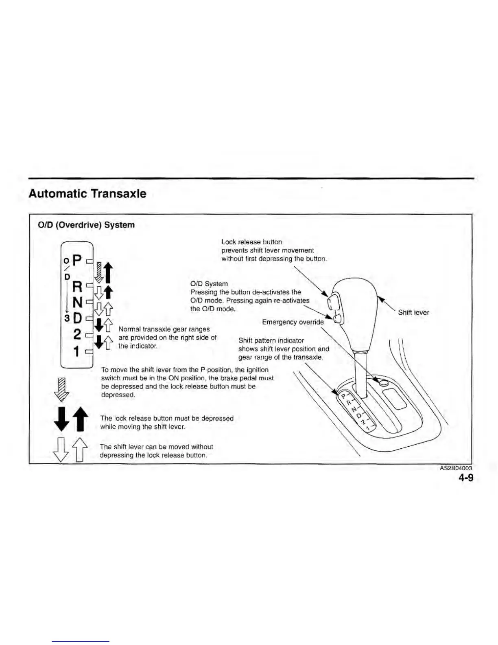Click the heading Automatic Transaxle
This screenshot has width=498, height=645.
pos(87,193)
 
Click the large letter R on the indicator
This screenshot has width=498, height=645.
pos(77,287)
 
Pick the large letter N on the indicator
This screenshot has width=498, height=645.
pos(77,302)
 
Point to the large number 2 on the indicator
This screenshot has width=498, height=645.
pos(77,334)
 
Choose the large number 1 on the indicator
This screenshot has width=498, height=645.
pos(76,351)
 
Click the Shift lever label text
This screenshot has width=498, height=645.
pos(413,312)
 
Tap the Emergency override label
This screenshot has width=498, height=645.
pos(293,322)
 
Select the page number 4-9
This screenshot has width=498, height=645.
pos(466,478)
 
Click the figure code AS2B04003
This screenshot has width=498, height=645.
pos(456,469)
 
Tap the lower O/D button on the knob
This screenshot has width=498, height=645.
pos(337,318)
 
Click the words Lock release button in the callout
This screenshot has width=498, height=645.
pos(251,242)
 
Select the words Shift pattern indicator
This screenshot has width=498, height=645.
pos(271,340)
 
